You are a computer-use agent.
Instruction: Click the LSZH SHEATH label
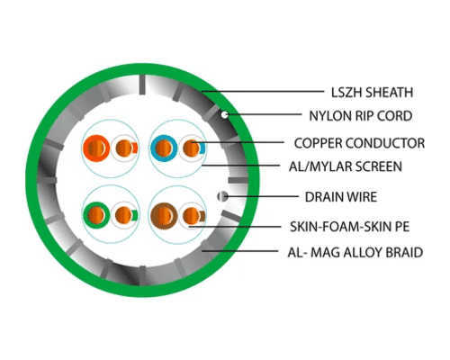[372, 93]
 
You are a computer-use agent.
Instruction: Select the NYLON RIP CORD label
[361, 116]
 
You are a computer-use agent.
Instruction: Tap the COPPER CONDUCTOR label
[359, 143]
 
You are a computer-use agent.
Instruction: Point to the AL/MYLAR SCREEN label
[346, 166]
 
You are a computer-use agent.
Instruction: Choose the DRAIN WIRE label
[341, 197]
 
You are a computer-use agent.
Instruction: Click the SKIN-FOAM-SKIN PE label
[349, 227]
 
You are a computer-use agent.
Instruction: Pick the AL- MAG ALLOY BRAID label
[355, 252]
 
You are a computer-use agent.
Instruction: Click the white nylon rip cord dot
[224, 114]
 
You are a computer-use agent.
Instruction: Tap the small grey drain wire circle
[222, 196]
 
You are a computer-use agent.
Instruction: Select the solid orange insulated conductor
[96, 148]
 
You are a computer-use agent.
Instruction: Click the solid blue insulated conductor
[164, 148]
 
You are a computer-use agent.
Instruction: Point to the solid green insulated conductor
[96, 215]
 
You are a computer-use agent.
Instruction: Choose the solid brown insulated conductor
[164, 215]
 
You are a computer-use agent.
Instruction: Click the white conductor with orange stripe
[124, 148]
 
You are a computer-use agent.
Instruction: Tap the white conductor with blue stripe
[192, 148]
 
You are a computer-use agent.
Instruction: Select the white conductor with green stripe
[124, 215]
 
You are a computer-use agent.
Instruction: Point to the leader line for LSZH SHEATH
[263, 91]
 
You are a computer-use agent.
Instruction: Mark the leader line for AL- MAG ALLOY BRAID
[240, 251]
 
